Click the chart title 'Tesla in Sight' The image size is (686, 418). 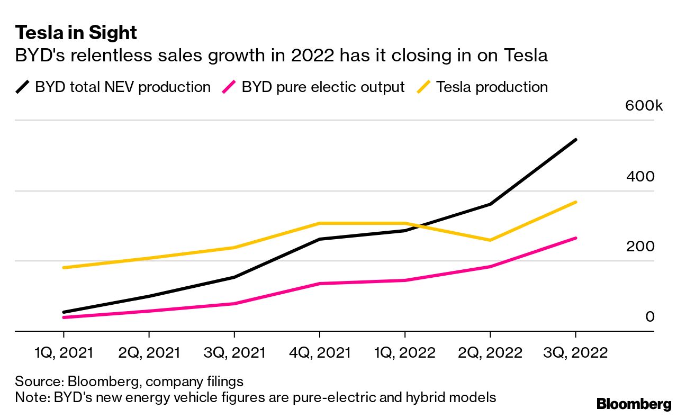point(76,33)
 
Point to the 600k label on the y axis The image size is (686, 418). point(644,106)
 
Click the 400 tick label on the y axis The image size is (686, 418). point(640,176)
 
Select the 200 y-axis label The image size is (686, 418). point(640,246)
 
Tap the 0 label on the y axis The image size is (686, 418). point(650,316)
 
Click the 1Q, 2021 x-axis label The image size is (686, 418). point(64,353)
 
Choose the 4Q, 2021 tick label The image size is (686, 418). point(319,353)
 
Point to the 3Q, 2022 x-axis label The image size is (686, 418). point(575,353)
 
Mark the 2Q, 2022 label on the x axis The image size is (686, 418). point(490,353)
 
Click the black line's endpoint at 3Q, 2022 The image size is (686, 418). point(575,140)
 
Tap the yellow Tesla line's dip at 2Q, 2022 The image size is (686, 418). point(490,240)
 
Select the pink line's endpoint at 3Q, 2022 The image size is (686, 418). point(575,238)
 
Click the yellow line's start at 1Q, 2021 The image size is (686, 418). point(64,268)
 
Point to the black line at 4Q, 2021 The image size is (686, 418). point(319,239)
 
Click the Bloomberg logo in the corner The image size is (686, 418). point(634,405)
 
